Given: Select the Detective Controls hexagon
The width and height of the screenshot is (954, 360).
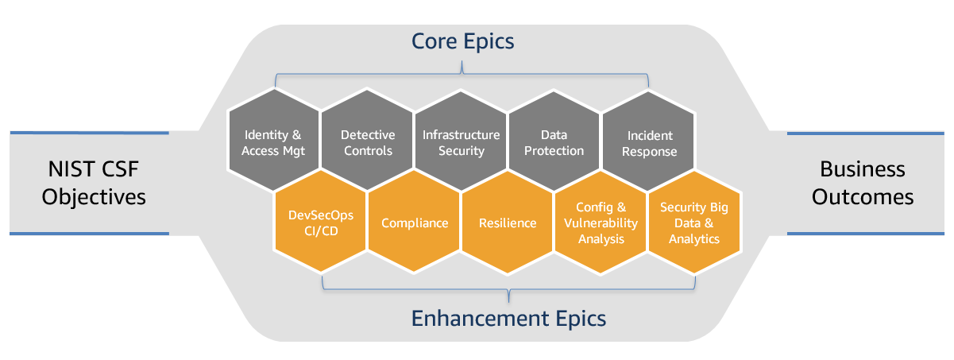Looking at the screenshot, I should [367, 143].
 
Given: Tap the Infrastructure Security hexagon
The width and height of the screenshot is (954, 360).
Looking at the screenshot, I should [461, 143].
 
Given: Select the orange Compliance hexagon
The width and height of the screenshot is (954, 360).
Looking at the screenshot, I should [415, 223].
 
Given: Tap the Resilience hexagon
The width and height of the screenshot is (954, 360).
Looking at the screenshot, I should [508, 223].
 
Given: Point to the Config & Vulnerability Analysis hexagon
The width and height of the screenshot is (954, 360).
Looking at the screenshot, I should [601, 223].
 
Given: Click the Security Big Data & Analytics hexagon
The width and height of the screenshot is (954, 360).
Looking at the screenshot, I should [694, 223].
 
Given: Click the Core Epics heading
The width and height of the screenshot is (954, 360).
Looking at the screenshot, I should [462, 41].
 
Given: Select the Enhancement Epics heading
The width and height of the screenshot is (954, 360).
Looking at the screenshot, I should [508, 319].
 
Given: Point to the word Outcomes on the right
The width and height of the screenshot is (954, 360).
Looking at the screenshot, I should [863, 195].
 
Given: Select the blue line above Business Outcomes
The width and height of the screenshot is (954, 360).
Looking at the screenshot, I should [870, 133].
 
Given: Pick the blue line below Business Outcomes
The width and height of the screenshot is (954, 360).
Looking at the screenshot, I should [870, 234].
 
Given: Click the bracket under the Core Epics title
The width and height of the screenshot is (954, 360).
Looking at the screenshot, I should [462, 76].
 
